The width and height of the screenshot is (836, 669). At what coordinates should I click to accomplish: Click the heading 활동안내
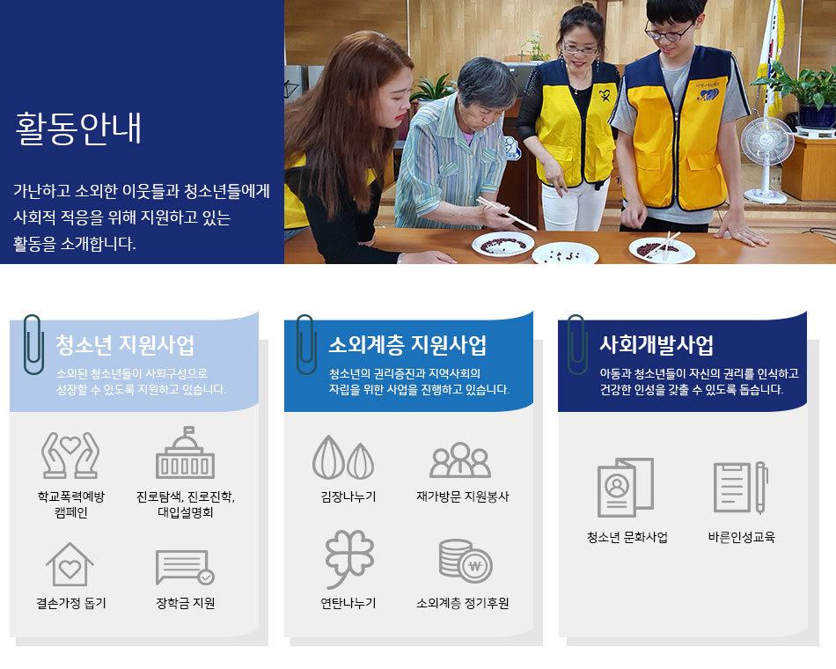click(77, 129)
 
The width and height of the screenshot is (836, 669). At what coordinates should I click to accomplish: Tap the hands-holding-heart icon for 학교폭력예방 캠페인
click(70, 455)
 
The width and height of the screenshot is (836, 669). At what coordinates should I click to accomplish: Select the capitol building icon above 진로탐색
click(185, 452)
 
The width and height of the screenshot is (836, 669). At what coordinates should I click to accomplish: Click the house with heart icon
click(70, 564)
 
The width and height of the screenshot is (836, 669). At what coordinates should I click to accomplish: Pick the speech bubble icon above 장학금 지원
click(185, 568)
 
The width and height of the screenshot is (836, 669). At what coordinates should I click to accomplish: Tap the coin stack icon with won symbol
click(466, 562)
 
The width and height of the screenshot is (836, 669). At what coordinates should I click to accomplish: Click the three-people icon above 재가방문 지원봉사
click(460, 459)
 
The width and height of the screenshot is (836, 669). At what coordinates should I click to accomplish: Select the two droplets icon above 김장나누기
click(343, 457)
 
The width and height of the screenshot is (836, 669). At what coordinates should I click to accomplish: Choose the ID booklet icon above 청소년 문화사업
click(626, 487)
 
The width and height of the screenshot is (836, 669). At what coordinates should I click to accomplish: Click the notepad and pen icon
click(741, 488)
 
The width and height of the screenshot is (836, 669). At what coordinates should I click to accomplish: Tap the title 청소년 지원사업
click(125, 345)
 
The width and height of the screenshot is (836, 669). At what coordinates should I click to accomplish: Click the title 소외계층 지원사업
click(407, 345)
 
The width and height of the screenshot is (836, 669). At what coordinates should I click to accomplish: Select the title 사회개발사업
click(656, 345)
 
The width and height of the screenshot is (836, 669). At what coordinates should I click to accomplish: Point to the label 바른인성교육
click(741, 537)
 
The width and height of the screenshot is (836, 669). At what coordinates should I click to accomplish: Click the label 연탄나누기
click(348, 603)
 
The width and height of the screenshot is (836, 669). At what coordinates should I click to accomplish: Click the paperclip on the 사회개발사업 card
click(577, 344)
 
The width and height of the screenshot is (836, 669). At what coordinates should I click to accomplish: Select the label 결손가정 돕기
click(71, 603)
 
